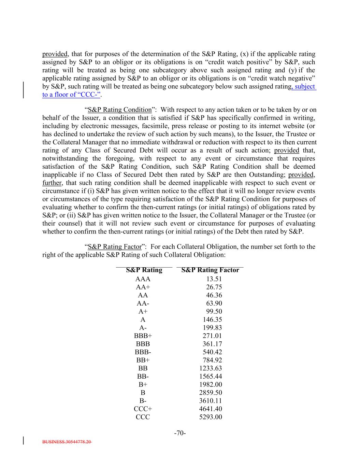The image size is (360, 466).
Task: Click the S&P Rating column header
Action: [x=144, y=270]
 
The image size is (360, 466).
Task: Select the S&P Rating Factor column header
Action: [x=210, y=270]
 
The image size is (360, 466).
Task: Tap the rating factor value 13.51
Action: [x=214, y=279]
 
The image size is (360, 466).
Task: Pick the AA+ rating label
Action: [x=143, y=287]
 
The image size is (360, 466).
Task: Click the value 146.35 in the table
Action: [x=212, y=320]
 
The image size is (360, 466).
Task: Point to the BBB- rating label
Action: [x=143, y=352]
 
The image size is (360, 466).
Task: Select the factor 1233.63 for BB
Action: [x=211, y=368]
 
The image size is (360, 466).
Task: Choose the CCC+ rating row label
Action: [x=143, y=409]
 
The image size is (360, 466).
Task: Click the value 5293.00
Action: [x=211, y=417]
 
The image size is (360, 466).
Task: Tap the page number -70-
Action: [x=180, y=433]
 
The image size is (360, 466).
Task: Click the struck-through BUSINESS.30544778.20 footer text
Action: [x=67, y=442]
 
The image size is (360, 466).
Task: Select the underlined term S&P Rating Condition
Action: [x=119, y=110]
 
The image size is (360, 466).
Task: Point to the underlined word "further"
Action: [x=52, y=183]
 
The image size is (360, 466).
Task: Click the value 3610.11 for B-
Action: [x=211, y=401]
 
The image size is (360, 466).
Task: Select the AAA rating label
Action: [x=143, y=279]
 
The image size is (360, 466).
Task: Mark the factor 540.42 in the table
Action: [x=212, y=352]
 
